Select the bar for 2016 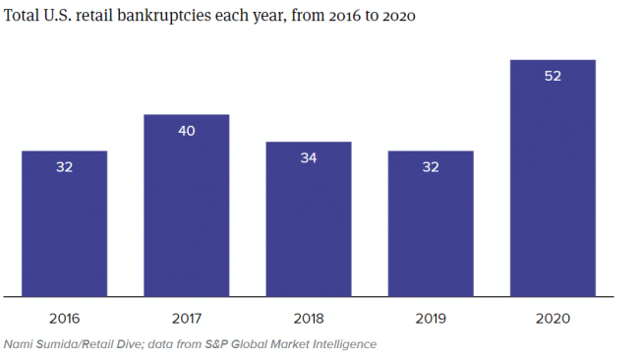click(x=64, y=224)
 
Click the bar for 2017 click(x=187, y=206)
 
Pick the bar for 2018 click(x=309, y=219)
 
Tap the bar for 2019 click(x=431, y=224)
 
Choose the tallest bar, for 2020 click(x=552, y=178)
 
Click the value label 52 click(x=552, y=76)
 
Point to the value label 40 click(x=187, y=131)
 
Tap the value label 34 click(x=309, y=157)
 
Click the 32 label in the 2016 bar click(x=64, y=167)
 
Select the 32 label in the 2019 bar click(x=431, y=167)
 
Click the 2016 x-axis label click(x=64, y=319)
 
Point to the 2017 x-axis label click(x=187, y=319)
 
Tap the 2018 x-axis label click(x=309, y=319)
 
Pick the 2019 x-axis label click(x=431, y=319)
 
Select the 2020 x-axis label click(x=552, y=319)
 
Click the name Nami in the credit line click(x=20, y=344)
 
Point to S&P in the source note click(x=215, y=344)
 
